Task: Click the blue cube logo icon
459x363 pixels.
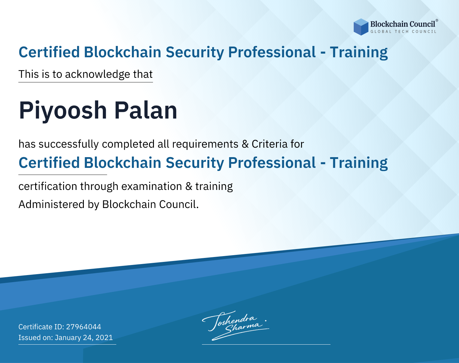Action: coord(361,27)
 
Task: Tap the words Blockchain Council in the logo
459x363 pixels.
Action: coord(402,24)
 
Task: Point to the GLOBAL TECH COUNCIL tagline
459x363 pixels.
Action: coord(403,32)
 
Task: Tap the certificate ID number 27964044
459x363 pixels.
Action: coord(84,327)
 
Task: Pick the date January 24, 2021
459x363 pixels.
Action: coord(84,338)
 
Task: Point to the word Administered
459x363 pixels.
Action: coord(52,204)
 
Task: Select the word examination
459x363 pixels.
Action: coord(152,186)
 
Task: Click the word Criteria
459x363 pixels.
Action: coord(269,144)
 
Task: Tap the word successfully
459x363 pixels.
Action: coord(69,144)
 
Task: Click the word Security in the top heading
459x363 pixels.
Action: coord(195,52)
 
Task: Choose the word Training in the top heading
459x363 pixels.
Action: coord(359,52)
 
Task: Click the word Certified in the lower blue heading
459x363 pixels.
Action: coord(49,163)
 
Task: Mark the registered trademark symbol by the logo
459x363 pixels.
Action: coord(437,21)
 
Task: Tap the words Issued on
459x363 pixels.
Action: coord(35,338)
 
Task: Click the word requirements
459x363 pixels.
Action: coord(205,144)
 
